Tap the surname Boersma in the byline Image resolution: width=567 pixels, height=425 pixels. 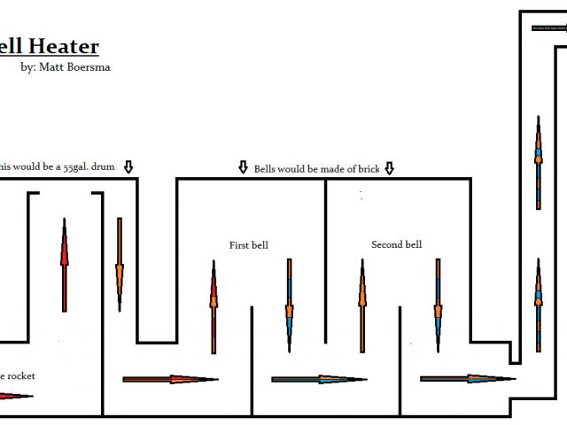(89, 67)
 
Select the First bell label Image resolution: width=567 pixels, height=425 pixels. (248, 245)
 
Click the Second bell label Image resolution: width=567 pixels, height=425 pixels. (396, 244)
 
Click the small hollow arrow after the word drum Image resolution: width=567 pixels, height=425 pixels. (128, 166)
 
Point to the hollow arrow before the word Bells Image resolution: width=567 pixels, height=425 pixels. (244, 167)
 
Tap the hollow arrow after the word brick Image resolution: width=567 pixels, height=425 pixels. (389, 167)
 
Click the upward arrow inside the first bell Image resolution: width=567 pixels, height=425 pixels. (214, 306)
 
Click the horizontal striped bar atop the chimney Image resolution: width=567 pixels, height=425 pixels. (549, 27)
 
